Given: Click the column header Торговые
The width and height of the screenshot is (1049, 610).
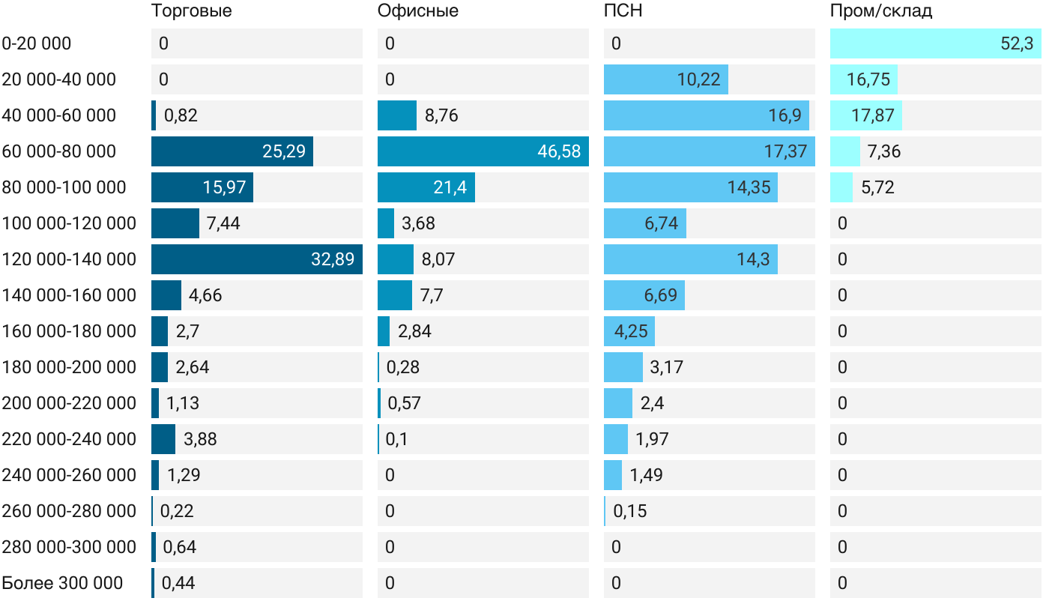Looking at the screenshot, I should [x=191, y=11].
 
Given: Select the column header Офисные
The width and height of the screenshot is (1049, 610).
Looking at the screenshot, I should [x=417, y=11].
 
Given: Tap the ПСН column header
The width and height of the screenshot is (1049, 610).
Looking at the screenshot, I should [x=623, y=11].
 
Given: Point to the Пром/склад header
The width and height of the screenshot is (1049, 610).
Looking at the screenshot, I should [x=880, y=11].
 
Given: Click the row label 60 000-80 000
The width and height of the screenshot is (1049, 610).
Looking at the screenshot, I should [x=59, y=151].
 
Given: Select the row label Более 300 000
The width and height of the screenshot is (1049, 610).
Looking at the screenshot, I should [x=62, y=583].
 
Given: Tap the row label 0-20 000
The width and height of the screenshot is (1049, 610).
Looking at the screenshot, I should [x=37, y=43].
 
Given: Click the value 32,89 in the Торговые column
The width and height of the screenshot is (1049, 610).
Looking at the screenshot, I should [x=333, y=259].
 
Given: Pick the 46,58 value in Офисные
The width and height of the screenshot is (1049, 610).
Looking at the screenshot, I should [x=559, y=151].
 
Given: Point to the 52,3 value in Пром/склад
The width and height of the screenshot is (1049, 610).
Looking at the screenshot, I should [x=1016, y=43].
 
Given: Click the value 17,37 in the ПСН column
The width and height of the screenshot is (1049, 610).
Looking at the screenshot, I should [x=785, y=151].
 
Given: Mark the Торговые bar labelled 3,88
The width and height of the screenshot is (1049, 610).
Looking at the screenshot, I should [x=163, y=439].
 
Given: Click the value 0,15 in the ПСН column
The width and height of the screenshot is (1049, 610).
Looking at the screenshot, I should [x=629, y=511].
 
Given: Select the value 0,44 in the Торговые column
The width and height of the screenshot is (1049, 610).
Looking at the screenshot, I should [x=178, y=583].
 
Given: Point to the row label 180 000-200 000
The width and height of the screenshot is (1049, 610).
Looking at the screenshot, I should [x=69, y=367].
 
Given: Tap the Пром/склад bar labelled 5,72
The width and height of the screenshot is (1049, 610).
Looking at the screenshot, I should [x=841, y=187].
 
